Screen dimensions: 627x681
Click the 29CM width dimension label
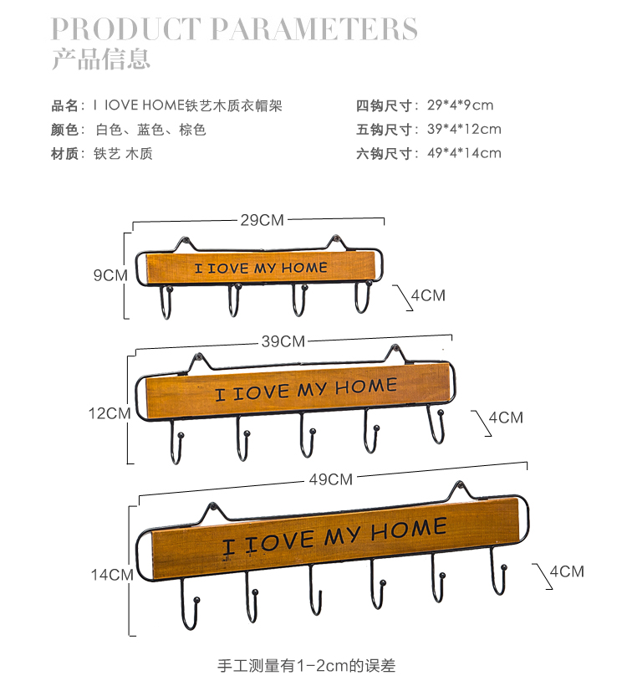[x=262, y=220]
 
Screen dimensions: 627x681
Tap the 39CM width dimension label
[x=283, y=340]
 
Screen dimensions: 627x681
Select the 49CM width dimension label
[x=330, y=479]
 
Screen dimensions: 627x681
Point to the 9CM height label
[x=110, y=274]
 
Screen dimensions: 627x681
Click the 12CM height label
[x=110, y=413]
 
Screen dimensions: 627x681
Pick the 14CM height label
[x=112, y=575]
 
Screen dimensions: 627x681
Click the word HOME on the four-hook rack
[x=304, y=268]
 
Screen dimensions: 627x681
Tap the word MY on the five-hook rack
[x=312, y=389]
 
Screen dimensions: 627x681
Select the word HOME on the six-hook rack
[x=408, y=530]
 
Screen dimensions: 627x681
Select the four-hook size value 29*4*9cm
[x=459, y=105]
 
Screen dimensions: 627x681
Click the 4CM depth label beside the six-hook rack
[x=566, y=571]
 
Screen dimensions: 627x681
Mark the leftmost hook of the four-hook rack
[x=166, y=303]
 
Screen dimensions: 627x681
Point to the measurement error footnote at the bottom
[x=306, y=666]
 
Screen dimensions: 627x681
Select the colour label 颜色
[x=64, y=130]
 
